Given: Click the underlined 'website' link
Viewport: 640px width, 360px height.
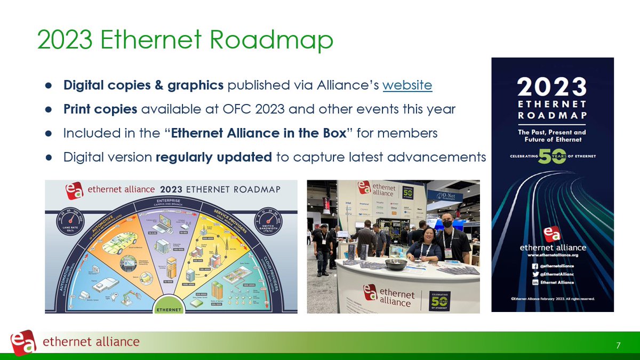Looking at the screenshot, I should click(407, 85).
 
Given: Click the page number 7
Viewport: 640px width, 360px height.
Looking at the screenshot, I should click(618, 346).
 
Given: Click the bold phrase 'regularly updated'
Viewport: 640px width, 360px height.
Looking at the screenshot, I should click(214, 157).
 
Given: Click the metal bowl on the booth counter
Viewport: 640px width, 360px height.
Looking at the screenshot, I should click(396, 263).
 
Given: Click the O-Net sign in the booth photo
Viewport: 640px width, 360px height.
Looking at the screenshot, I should click(445, 195).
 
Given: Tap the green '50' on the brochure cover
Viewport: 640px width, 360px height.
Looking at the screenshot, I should click(552, 156).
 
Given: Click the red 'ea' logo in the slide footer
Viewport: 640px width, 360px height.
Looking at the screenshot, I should click(23, 341).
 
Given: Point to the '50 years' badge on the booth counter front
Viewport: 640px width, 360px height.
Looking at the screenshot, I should click(440, 301).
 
